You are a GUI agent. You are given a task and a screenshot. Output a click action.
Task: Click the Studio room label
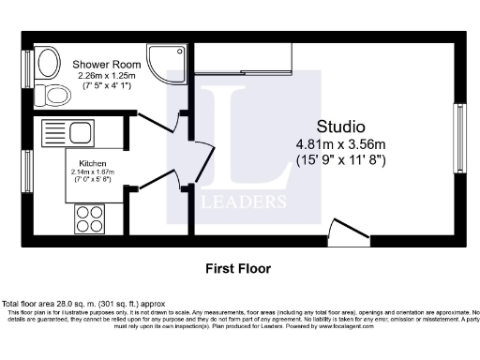coord(340,127)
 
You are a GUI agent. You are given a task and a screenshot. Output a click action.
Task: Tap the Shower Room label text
coord(102,64)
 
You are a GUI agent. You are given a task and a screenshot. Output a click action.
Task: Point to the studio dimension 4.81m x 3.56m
coord(340,144)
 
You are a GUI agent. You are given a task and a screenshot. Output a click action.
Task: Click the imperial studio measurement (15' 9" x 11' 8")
coord(340,160)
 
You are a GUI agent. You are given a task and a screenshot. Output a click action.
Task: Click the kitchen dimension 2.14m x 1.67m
coord(92,172)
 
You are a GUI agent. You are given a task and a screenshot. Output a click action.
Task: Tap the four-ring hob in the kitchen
coord(90,219)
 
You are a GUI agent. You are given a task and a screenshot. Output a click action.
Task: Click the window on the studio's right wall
coord(459,139)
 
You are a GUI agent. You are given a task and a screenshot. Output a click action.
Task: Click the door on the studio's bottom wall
coord(349,234)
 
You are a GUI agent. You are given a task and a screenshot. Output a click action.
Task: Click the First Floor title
coord(238,268)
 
